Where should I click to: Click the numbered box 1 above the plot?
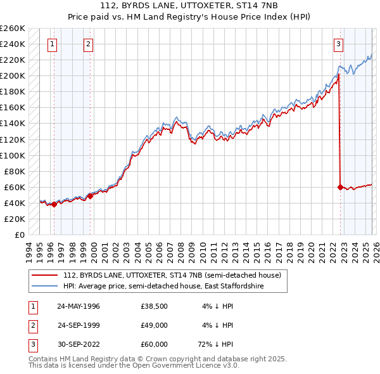pyautogui.click(x=51, y=44)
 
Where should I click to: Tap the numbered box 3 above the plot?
pyautogui.click(x=339, y=44)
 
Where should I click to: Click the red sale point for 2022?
pyautogui.click(x=340, y=187)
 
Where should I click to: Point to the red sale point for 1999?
pyautogui.click(x=90, y=196)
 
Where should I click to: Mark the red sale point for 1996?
pyautogui.click(x=54, y=204)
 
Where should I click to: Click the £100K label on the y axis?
pyautogui.click(x=13, y=155)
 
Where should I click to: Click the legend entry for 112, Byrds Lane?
pyautogui.click(x=175, y=275)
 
